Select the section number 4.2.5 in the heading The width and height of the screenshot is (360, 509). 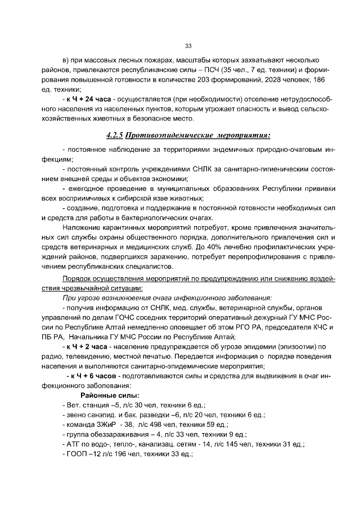point(114,135)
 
